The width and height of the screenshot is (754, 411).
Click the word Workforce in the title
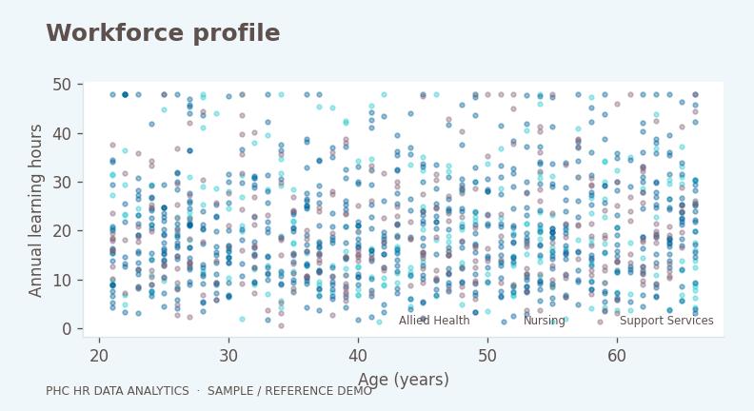coord(115,33)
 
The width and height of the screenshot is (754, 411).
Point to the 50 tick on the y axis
coord(62,85)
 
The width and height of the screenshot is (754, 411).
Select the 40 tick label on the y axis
coord(62,133)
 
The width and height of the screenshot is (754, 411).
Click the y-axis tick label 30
coord(62,182)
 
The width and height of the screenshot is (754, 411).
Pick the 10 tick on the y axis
coord(62,281)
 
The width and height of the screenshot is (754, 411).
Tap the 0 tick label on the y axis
coord(67,329)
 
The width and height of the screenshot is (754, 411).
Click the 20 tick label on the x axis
coord(99,356)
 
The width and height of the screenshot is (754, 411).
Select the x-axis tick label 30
coord(228,356)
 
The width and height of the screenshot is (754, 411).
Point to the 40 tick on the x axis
coord(358,356)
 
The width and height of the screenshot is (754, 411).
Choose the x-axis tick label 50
coord(487,356)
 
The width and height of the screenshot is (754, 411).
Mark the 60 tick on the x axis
coord(617,356)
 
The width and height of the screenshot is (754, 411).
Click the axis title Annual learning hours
coord(35,210)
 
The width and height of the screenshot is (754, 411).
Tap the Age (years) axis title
coord(404,380)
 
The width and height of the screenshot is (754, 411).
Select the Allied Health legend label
coord(434,321)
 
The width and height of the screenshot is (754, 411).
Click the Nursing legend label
coord(545,321)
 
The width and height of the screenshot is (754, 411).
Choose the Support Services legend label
coord(666,321)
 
